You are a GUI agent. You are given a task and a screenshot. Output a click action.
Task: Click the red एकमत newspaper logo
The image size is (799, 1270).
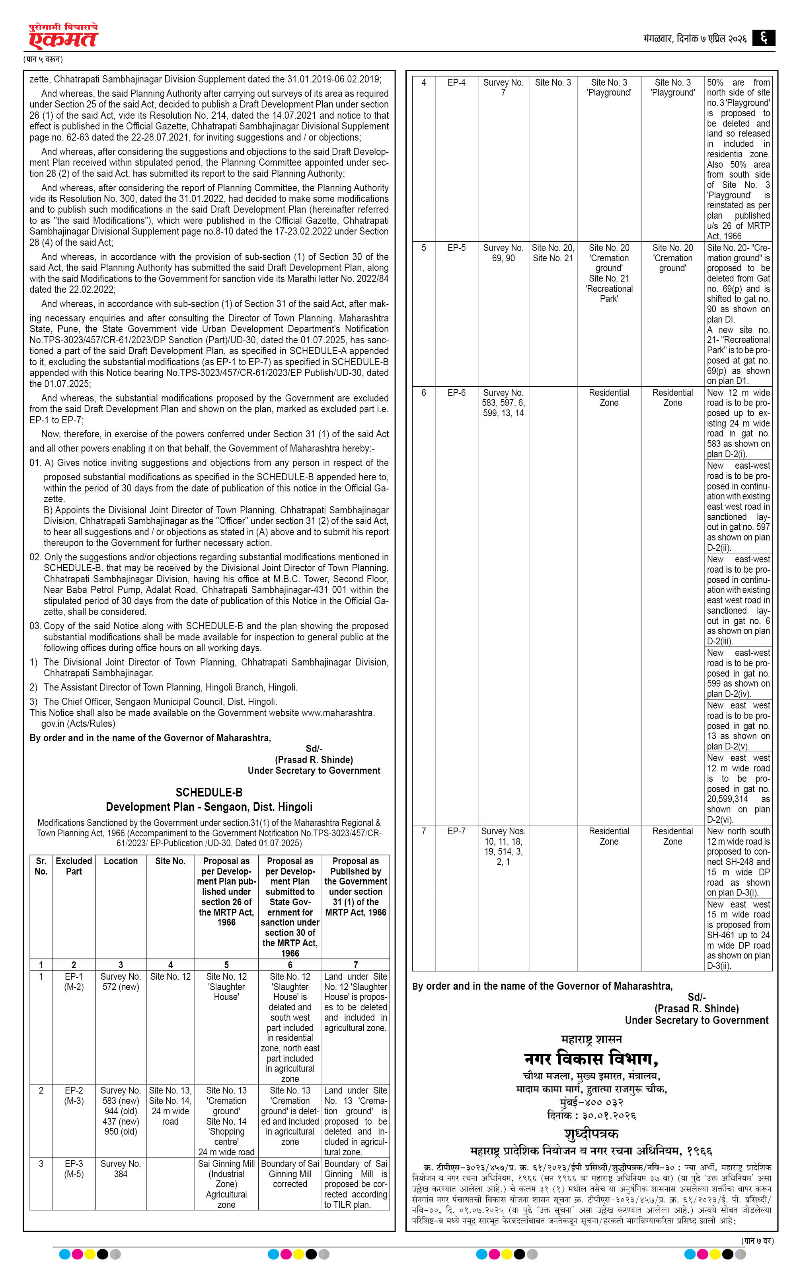[63, 36]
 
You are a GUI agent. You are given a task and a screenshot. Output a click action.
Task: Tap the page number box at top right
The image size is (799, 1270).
[763, 38]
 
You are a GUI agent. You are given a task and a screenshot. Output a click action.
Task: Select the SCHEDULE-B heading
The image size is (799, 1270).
[209, 792]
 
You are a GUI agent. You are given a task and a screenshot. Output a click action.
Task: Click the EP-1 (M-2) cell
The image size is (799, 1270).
[74, 982]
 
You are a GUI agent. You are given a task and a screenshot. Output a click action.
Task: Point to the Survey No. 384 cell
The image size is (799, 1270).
[121, 1169]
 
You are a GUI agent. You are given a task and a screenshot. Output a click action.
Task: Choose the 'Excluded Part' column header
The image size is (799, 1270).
[74, 866]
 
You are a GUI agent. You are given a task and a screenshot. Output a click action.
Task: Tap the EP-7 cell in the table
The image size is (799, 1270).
[456, 831]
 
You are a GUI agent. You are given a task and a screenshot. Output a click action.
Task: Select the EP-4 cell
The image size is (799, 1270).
[456, 82]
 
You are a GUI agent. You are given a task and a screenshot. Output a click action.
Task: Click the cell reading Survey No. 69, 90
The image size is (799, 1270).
[503, 252]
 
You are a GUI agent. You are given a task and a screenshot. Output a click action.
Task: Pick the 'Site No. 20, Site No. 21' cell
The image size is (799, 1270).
[553, 252]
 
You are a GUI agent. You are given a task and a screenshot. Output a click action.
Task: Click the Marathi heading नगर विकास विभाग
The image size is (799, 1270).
[591, 1059]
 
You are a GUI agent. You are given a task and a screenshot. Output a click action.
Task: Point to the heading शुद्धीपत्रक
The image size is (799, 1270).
[591, 1133]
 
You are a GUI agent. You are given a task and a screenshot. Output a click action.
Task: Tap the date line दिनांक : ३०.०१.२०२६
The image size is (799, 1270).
[591, 1115]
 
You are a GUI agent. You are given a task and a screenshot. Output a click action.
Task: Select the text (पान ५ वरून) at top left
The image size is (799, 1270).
[43, 59]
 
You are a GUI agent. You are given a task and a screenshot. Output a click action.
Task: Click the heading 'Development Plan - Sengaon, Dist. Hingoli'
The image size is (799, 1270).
[209, 807]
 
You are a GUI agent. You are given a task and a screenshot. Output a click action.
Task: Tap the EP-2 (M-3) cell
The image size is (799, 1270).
[74, 1096]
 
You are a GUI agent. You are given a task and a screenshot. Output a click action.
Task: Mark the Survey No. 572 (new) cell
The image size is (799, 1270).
[121, 982]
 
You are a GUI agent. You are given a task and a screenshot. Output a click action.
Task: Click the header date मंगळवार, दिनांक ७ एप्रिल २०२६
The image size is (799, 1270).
[695, 39]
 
